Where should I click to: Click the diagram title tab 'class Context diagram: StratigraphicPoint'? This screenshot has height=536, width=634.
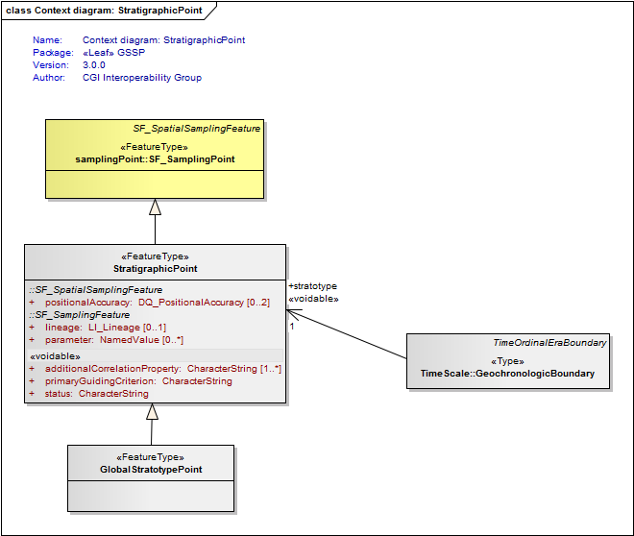click(104, 11)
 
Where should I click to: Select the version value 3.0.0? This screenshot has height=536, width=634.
click(94, 65)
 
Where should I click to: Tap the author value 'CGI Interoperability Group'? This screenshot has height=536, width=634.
click(142, 78)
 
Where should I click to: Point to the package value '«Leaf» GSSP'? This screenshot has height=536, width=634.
click(113, 53)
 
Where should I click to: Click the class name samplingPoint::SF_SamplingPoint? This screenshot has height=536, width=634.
click(155, 159)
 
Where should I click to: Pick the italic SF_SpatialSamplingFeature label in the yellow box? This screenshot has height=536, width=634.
click(197, 129)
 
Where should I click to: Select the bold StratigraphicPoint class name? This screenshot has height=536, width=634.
click(156, 269)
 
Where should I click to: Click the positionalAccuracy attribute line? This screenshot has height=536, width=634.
click(149, 303)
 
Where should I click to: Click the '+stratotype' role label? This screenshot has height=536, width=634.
click(312, 286)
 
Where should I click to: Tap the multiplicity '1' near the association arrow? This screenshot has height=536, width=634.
click(292, 327)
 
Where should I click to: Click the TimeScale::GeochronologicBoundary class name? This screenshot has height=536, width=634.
click(507, 374)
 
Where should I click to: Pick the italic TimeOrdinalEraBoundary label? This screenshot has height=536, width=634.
click(549, 343)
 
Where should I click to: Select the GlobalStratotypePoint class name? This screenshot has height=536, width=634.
click(151, 470)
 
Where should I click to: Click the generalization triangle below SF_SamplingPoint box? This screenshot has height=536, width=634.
click(155, 207)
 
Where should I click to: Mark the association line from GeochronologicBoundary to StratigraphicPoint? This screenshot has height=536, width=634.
click(347, 334)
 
